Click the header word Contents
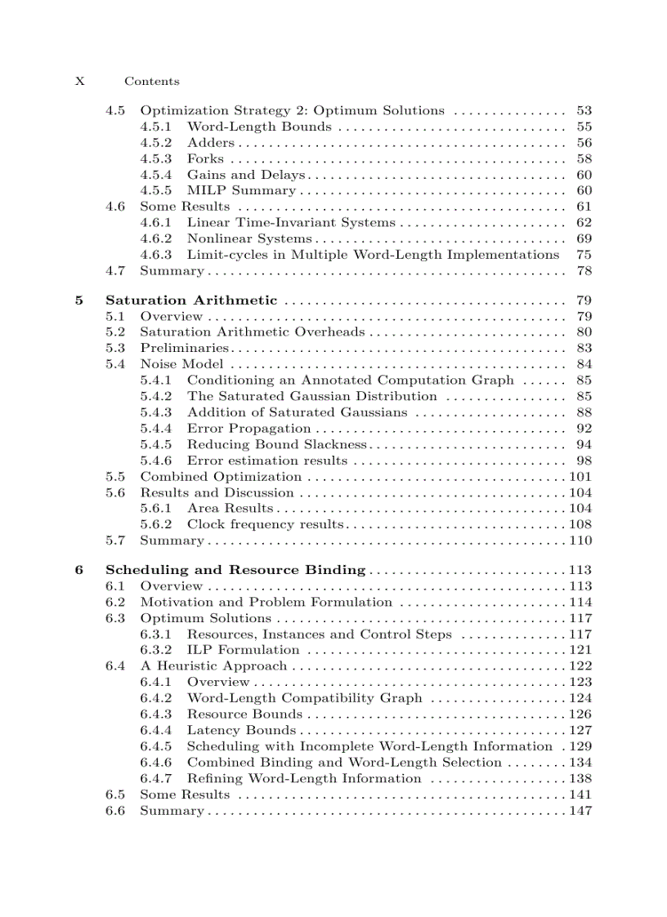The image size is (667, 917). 151,81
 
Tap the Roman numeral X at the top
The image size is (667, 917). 79,81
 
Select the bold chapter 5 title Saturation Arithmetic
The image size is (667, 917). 191,300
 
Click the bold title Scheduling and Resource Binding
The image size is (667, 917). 235,570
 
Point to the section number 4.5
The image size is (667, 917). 115,110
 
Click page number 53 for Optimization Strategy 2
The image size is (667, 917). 584,110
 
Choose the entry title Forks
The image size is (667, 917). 205,158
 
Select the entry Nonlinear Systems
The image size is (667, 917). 249,238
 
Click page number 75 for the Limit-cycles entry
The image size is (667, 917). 584,255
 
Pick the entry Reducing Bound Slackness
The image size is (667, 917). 276,444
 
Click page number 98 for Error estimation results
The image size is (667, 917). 584,461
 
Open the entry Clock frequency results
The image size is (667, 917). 265,524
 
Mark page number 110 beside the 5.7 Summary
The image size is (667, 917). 580,541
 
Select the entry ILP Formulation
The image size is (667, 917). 243,650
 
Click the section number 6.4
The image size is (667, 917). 115,666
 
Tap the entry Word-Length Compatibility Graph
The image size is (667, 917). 304,698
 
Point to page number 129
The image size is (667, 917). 580,746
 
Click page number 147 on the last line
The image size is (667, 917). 580,811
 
